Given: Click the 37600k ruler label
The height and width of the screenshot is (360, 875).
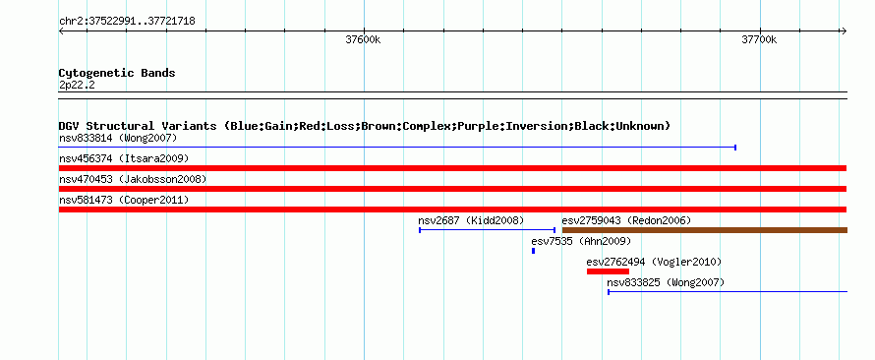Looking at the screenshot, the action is pyautogui.click(x=364, y=39).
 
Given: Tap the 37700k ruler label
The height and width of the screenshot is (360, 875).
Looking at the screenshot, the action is pyautogui.click(x=759, y=39).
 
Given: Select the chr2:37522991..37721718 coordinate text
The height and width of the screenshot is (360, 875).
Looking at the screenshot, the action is pyautogui.click(x=127, y=22).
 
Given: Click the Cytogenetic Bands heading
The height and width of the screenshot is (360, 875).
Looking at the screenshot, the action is pyautogui.click(x=117, y=73).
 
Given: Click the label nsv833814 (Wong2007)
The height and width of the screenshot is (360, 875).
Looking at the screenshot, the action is pyautogui.click(x=118, y=138).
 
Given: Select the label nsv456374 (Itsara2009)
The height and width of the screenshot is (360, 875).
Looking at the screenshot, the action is pyautogui.click(x=124, y=158).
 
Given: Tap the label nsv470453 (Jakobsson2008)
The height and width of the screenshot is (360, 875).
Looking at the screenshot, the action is pyautogui.click(x=133, y=179).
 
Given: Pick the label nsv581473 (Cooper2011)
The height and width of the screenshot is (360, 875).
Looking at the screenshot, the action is pyautogui.click(x=124, y=200).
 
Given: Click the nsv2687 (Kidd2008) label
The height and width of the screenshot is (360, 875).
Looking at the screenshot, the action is pyautogui.click(x=471, y=220).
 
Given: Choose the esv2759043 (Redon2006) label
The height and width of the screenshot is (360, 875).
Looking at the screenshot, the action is pyautogui.click(x=626, y=220).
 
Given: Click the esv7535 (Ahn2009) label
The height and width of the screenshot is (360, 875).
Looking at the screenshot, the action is pyautogui.click(x=581, y=241).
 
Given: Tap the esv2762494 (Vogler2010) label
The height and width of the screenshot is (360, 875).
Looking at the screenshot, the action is pyautogui.click(x=654, y=262).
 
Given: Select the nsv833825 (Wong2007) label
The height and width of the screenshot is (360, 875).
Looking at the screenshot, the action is pyautogui.click(x=666, y=283).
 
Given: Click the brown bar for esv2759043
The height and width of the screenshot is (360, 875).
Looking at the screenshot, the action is pyautogui.click(x=705, y=230).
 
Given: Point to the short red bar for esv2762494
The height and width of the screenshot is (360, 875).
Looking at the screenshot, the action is pyautogui.click(x=608, y=271).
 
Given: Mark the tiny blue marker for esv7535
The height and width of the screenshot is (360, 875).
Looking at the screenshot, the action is pyautogui.click(x=534, y=251).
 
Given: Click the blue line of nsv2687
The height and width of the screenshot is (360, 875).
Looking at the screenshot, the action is pyautogui.click(x=488, y=230).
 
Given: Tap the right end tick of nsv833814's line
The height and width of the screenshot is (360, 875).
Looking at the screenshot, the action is pyautogui.click(x=735, y=148).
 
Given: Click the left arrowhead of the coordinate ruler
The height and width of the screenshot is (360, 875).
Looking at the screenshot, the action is pyautogui.click(x=61, y=31).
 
